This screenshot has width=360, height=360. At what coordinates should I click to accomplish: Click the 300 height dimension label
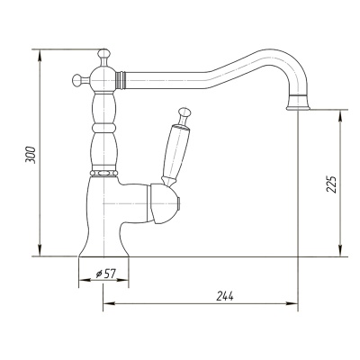(31, 155)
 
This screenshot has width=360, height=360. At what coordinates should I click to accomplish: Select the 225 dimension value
(331, 184)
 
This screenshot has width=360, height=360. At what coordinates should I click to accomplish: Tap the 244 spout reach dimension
(225, 296)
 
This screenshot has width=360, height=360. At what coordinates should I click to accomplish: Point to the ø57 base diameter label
(105, 274)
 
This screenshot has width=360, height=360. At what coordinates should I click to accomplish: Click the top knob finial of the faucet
(103, 54)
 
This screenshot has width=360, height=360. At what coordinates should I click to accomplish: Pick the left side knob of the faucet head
(77, 80)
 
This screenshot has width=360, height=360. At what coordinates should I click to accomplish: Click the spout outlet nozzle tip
(298, 103)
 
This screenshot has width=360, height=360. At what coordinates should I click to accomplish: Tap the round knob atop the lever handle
(184, 112)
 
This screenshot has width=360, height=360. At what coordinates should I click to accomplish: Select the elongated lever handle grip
(175, 151)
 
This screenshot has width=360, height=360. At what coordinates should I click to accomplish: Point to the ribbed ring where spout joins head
(121, 80)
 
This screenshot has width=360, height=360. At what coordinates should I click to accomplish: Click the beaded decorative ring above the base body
(103, 173)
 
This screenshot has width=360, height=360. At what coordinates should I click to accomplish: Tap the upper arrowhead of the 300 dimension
(40, 55)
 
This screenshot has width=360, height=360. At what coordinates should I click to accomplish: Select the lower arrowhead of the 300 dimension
(40, 250)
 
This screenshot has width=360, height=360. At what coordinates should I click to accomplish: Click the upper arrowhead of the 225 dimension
(339, 116)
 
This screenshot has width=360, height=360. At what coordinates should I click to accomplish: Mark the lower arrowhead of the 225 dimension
(339, 250)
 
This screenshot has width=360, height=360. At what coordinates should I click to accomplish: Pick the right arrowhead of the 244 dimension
(292, 303)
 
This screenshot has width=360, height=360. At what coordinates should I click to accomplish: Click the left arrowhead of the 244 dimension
(110, 303)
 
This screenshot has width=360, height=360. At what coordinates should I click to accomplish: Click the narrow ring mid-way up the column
(103, 128)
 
